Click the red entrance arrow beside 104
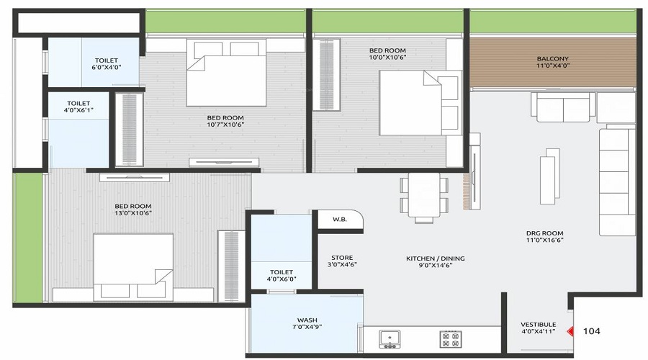coord(570,332)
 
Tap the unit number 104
coord(592,331)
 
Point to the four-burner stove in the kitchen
coord(451,338)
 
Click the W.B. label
coord(339,220)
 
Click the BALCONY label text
coord(552,59)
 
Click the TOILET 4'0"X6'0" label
coord(282,274)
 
